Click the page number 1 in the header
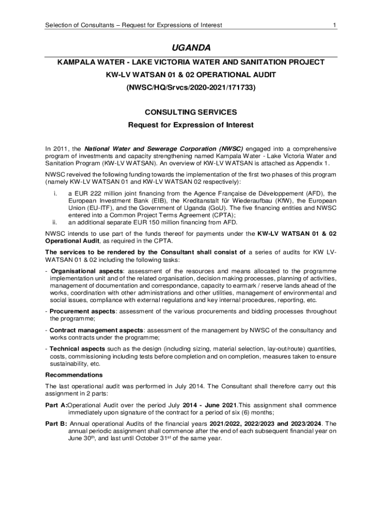point(335,25)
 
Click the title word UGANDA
point(191,48)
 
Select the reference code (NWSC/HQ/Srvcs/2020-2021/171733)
point(191,88)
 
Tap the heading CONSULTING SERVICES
point(191,112)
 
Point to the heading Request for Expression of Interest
point(191,125)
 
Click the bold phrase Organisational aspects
point(87,271)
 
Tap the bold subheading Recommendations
point(74,375)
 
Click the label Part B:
point(57,424)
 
